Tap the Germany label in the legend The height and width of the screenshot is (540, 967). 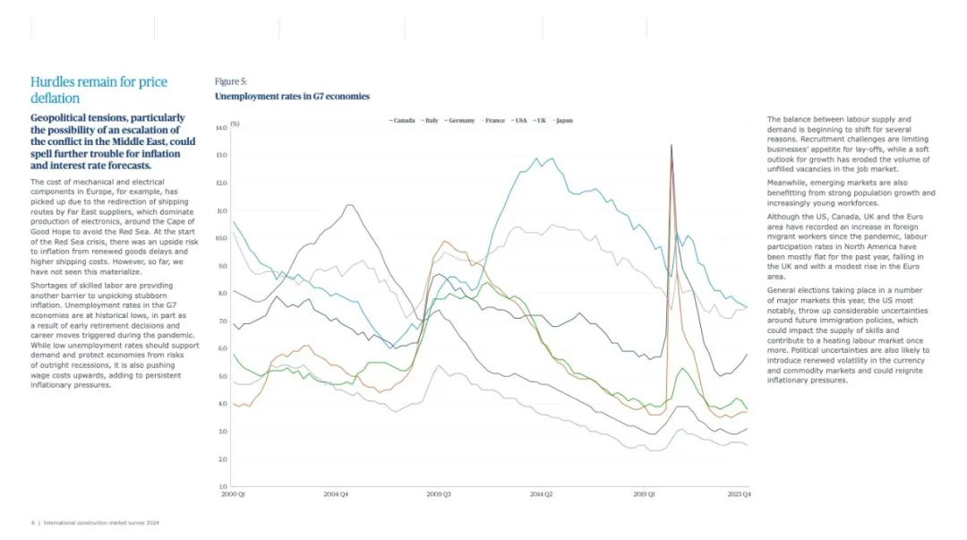point(461,119)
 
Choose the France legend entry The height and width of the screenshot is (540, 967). point(495,119)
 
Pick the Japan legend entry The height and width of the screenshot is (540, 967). point(564,119)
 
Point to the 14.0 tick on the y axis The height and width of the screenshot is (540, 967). point(221,128)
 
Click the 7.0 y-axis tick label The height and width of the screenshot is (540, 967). point(221,321)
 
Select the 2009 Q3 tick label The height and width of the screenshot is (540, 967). point(439,494)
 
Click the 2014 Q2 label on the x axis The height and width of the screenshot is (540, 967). point(543,494)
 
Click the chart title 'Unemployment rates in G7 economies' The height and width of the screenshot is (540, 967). point(292,96)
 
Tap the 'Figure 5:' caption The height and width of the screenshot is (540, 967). point(231,81)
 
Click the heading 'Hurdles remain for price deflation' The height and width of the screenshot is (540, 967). point(98,90)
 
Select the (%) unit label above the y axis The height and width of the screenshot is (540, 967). point(235,123)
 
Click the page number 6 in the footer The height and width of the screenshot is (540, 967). point(33,522)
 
